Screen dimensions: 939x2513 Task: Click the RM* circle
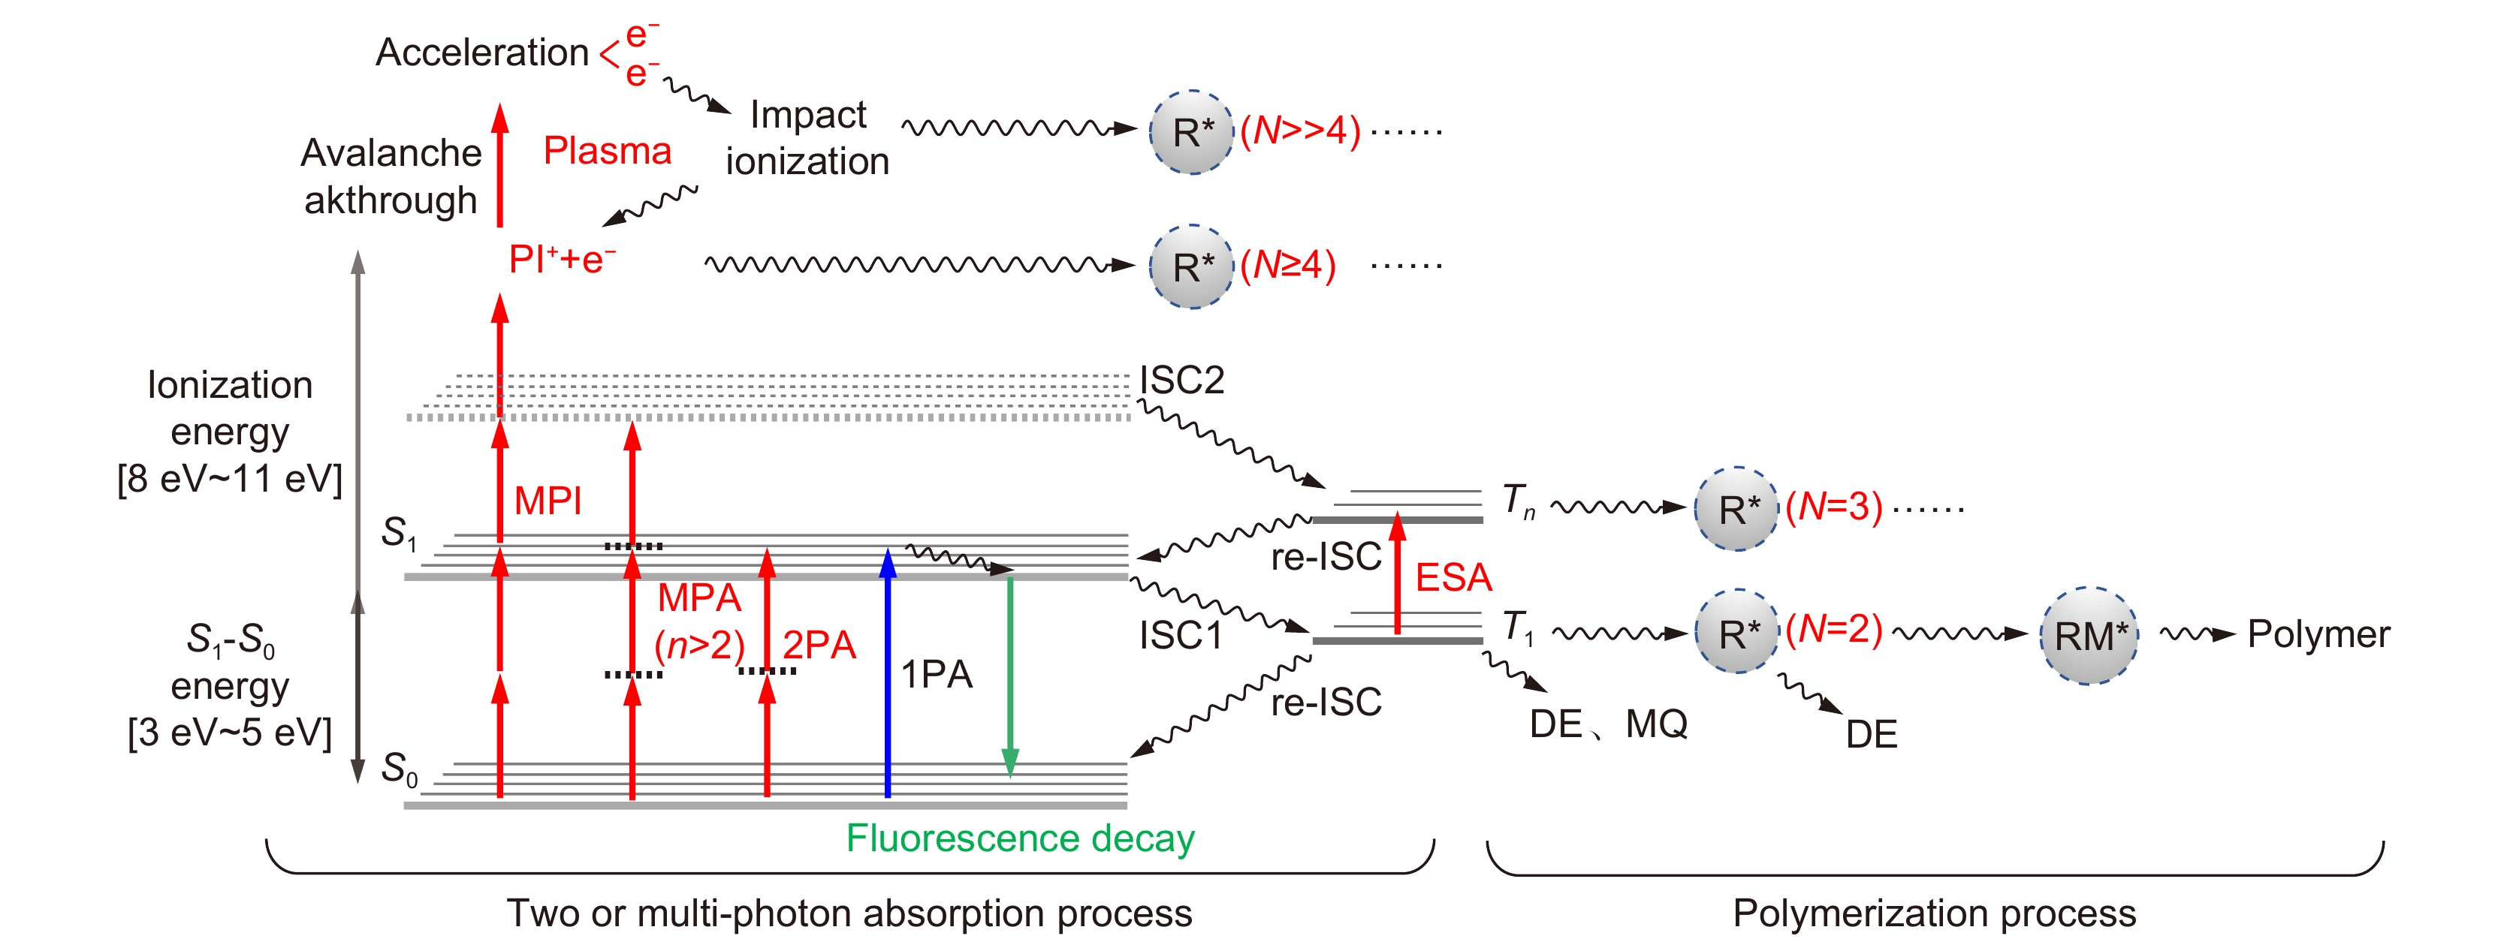tap(2089, 636)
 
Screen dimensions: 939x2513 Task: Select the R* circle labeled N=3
tap(1737, 509)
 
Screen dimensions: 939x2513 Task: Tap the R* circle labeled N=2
tap(1737, 633)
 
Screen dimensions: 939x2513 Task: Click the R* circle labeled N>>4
tap(1191, 131)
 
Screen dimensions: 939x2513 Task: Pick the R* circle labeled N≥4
tap(1191, 266)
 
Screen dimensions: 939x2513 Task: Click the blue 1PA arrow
tap(888, 673)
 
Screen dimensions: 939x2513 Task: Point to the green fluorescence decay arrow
tap(1011, 673)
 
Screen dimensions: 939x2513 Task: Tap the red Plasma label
tap(607, 151)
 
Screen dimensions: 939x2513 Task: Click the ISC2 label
tap(1181, 379)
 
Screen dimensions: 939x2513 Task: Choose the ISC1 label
tap(1181, 636)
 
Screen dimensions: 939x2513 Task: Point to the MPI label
tap(548, 501)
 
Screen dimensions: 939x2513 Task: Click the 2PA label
tap(819, 646)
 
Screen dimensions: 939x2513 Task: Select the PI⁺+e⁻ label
tap(562, 260)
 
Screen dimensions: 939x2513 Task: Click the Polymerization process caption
tap(1933, 913)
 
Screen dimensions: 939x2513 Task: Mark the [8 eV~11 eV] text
tap(231, 480)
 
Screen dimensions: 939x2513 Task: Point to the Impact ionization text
tap(808, 137)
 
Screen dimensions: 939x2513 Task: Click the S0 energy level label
tap(399, 769)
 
